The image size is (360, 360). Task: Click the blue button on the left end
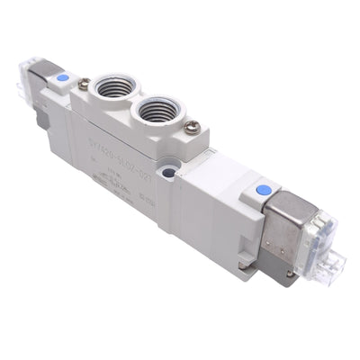61,78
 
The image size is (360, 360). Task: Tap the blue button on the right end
264,190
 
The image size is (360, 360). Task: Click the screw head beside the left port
84,85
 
